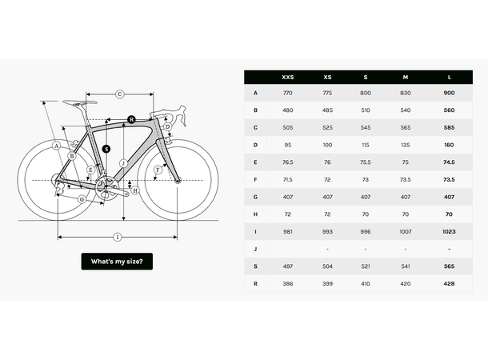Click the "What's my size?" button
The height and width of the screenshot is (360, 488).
click(x=117, y=262)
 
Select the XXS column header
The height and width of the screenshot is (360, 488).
click(x=287, y=77)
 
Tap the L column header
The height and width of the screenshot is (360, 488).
click(x=449, y=77)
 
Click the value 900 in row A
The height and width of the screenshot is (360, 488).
click(x=449, y=93)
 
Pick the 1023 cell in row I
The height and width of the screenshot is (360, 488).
click(x=449, y=230)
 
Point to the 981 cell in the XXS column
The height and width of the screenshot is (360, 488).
click(x=287, y=230)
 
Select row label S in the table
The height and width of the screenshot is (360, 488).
click(x=255, y=266)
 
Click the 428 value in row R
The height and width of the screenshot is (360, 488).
click(x=449, y=283)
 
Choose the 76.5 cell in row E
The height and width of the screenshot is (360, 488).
click(x=287, y=162)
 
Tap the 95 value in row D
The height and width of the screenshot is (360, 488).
click(x=287, y=145)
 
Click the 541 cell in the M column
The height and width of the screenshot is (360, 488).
click(x=406, y=266)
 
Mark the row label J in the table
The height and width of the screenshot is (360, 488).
click(x=255, y=248)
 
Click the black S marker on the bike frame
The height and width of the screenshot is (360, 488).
click(x=106, y=148)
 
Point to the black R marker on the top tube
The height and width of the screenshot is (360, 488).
click(x=131, y=119)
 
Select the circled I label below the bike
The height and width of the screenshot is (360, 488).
click(x=117, y=237)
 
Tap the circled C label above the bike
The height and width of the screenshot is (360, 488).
click(x=119, y=94)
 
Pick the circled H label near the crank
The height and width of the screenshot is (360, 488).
click(x=135, y=190)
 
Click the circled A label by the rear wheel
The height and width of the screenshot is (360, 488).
click(x=56, y=146)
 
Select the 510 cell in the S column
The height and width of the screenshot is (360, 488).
click(x=366, y=110)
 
